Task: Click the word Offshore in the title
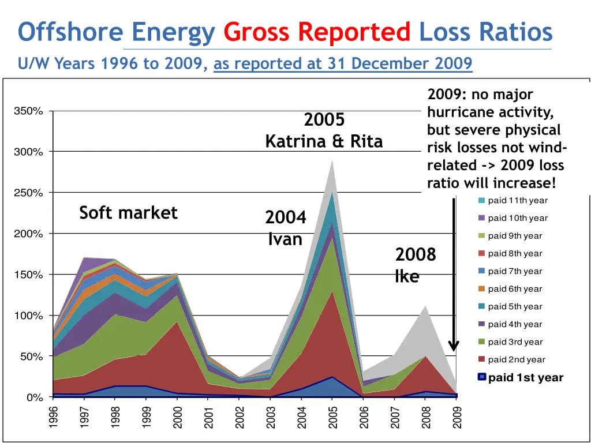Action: coord(70,32)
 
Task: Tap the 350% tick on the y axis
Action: coord(28,111)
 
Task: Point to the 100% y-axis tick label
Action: coord(28,316)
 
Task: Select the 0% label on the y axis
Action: coord(34,398)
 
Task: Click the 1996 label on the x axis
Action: coord(54,417)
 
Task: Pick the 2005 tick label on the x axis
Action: coord(332,417)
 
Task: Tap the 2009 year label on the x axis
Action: coord(457,417)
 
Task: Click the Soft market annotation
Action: coord(128,213)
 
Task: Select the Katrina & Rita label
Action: coord(324,141)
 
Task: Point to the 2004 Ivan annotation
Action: coord(286,228)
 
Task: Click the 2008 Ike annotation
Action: coord(415,265)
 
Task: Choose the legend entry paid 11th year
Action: coord(517,201)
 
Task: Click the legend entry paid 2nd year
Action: coord(516,360)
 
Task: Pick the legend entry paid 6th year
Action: coord(515,289)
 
